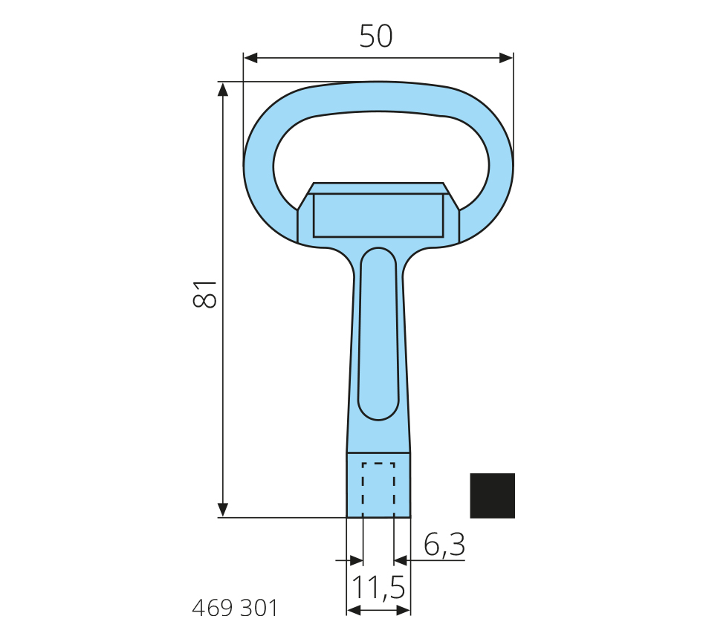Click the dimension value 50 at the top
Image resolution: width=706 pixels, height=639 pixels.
376,36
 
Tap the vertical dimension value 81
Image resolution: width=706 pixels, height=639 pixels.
205,294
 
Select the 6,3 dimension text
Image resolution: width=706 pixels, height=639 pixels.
444,545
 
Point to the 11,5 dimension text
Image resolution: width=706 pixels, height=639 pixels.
378,588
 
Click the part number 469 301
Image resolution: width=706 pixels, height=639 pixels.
235,608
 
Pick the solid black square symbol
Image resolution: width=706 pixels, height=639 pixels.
492,496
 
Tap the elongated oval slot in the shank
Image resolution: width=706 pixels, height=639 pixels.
378,334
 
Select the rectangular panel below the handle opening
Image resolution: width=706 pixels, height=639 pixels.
378,215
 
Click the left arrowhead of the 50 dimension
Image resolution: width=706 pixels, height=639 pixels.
250,58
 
